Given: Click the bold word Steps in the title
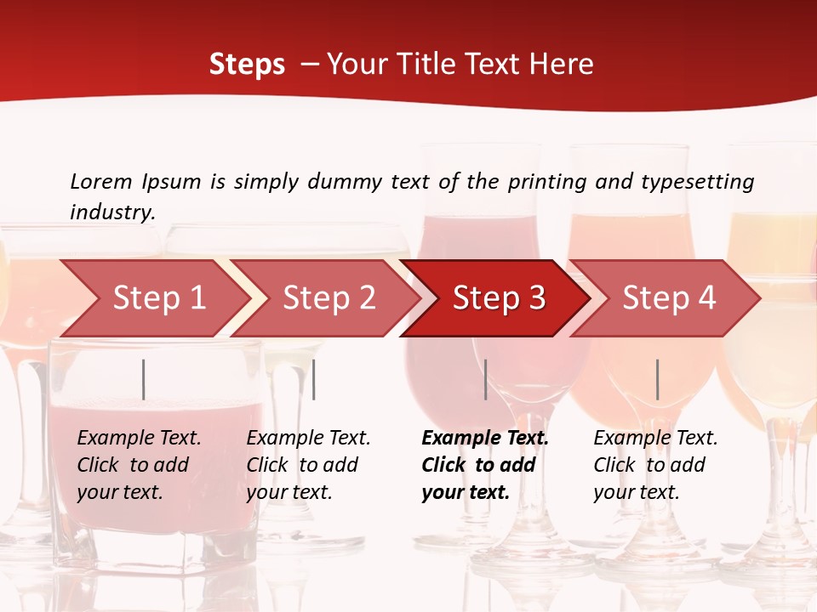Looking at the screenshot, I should tap(247, 65).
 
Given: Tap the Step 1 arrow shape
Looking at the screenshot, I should tap(153, 298).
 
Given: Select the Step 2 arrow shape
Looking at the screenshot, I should tap(329, 298).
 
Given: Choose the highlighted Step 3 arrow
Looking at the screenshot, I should tap(499, 298).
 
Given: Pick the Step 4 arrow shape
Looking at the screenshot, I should tap(669, 298).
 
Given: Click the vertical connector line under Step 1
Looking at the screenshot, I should tap(144, 379).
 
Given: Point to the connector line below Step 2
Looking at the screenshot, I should tap(314, 379).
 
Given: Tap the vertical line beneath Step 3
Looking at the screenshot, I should tap(485, 379).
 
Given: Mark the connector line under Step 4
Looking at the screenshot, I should tap(657, 379).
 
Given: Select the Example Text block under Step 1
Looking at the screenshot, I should tap(139, 465).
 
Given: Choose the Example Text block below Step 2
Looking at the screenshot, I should tap(308, 465).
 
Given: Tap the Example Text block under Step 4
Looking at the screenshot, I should tap(655, 465).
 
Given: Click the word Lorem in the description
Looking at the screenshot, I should tap(100, 182).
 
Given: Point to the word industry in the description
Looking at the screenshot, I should tap(112, 212).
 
